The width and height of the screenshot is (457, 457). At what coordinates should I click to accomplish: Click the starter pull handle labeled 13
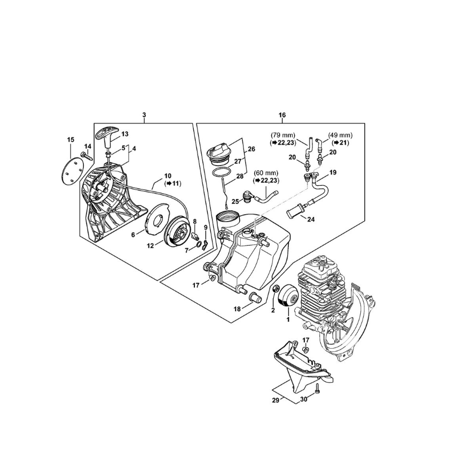coord(106,132)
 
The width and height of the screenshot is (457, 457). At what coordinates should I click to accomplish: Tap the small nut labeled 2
coord(277,290)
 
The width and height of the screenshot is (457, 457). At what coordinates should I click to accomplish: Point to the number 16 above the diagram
coord(282,115)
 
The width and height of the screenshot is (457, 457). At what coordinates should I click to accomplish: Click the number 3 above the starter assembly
coord(144,115)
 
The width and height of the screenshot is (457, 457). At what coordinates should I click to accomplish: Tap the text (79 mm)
coord(283,136)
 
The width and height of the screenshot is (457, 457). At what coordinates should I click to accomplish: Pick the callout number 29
coord(275,400)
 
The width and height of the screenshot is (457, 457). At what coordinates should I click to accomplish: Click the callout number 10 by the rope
coord(168,176)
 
